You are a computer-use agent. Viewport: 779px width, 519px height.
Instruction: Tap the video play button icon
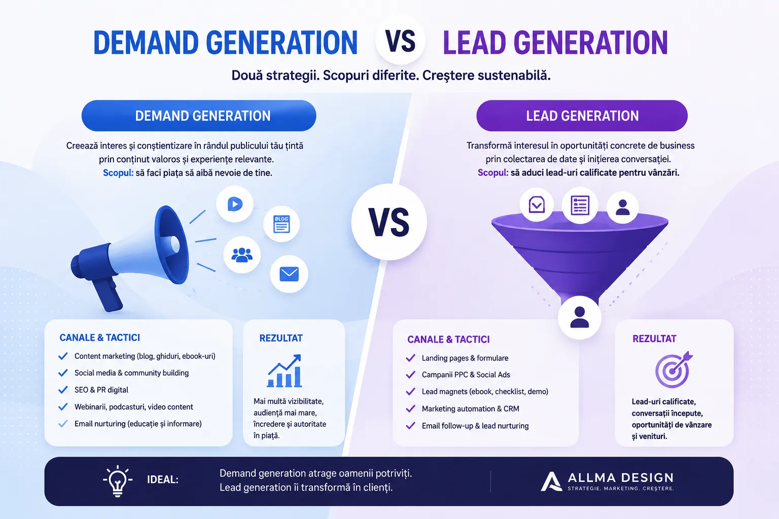[x=235, y=204]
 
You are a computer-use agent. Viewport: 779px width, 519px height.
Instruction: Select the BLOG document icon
[x=281, y=224]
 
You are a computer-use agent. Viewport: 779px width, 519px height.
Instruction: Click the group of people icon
[x=242, y=255]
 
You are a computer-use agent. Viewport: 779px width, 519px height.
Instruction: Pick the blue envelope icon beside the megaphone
[x=289, y=274]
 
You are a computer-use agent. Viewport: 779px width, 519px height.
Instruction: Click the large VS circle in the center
[x=389, y=222]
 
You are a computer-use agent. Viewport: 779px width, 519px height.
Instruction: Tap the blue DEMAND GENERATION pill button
[x=199, y=116]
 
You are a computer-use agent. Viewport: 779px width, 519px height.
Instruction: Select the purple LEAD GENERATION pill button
[x=582, y=116]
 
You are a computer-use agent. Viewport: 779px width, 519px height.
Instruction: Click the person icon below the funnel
[x=579, y=317]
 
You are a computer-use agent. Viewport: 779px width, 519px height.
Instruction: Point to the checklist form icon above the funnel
[x=580, y=205]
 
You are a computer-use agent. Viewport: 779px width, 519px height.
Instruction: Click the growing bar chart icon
[x=285, y=370]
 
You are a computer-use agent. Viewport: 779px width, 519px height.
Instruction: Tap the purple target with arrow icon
[x=674, y=370]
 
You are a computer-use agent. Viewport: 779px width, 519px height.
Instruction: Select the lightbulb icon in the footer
[x=118, y=481]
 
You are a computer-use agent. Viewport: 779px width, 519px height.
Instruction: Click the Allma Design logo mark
[x=551, y=481]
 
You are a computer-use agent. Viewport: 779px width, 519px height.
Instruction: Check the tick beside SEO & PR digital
[x=63, y=390]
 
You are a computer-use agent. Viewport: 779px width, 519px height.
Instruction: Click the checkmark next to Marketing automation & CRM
[x=410, y=409]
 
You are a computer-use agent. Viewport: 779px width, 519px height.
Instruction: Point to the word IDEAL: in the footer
[x=163, y=479]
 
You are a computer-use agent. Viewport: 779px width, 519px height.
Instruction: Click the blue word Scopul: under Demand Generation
[x=118, y=173]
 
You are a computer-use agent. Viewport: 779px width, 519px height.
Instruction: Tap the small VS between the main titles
[x=400, y=41]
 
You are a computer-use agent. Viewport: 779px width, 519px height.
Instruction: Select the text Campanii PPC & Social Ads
[x=466, y=375]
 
